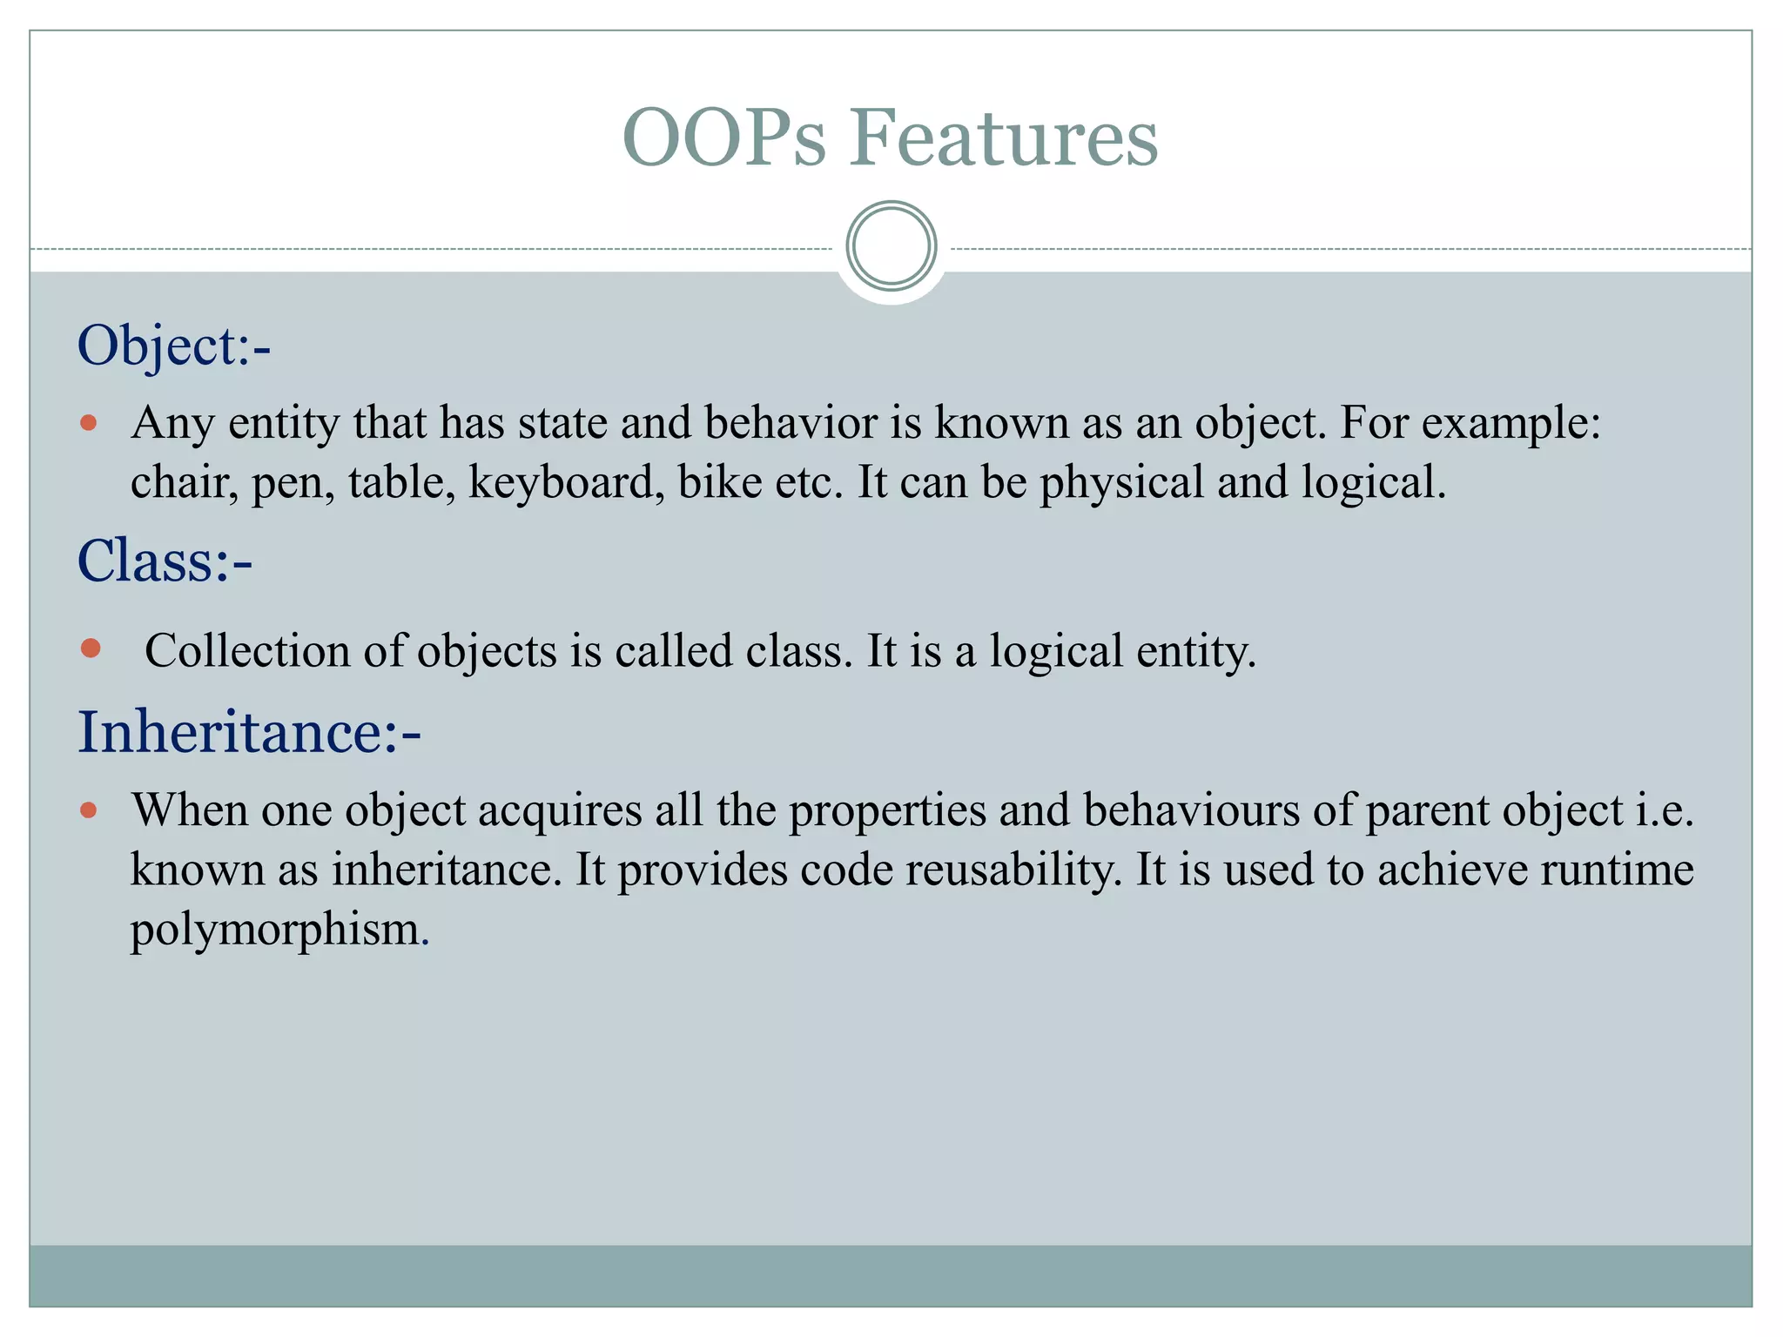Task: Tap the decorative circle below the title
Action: pos(891,246)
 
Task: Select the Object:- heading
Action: pos(174,346)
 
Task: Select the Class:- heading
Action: pos(165,561)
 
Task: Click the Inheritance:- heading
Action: pos(249,732)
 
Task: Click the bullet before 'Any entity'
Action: pos(88,424)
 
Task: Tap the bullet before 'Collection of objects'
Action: pos(91,648)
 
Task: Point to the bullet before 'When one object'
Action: pos(88,810)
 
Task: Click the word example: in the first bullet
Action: pos(1511,424)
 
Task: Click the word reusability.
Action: pos(1013,870)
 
